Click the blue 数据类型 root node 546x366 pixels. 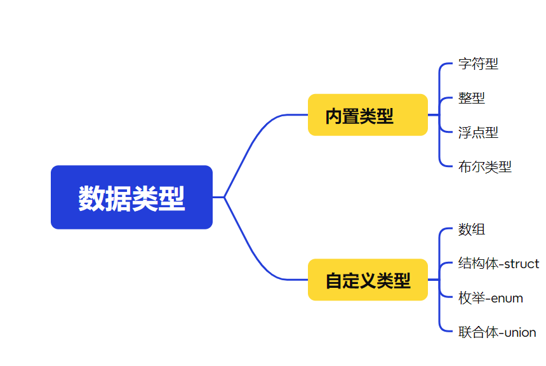[x=131, y=197]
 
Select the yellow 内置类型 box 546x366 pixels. [x=368, y=115]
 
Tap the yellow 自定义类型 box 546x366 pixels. [x=368, y=280]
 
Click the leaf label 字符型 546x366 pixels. [x=478, y=64]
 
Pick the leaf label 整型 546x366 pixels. [x=471, y=98]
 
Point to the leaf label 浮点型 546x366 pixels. [x=478, y=132]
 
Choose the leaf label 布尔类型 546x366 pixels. [x=484, y=167]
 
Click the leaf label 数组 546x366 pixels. [x=471, y=229]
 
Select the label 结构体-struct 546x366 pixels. [x=498, y=264]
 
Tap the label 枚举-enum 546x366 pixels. [x=490, y=298]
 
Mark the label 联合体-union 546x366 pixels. [x=496, y=332]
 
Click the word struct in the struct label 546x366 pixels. [x=521, y=264]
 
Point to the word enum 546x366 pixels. [x=508, y=298]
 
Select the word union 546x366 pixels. [x=519, y=332]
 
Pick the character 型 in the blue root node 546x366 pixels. [x=172, y=198]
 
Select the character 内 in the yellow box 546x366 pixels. [x=334, y=116]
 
